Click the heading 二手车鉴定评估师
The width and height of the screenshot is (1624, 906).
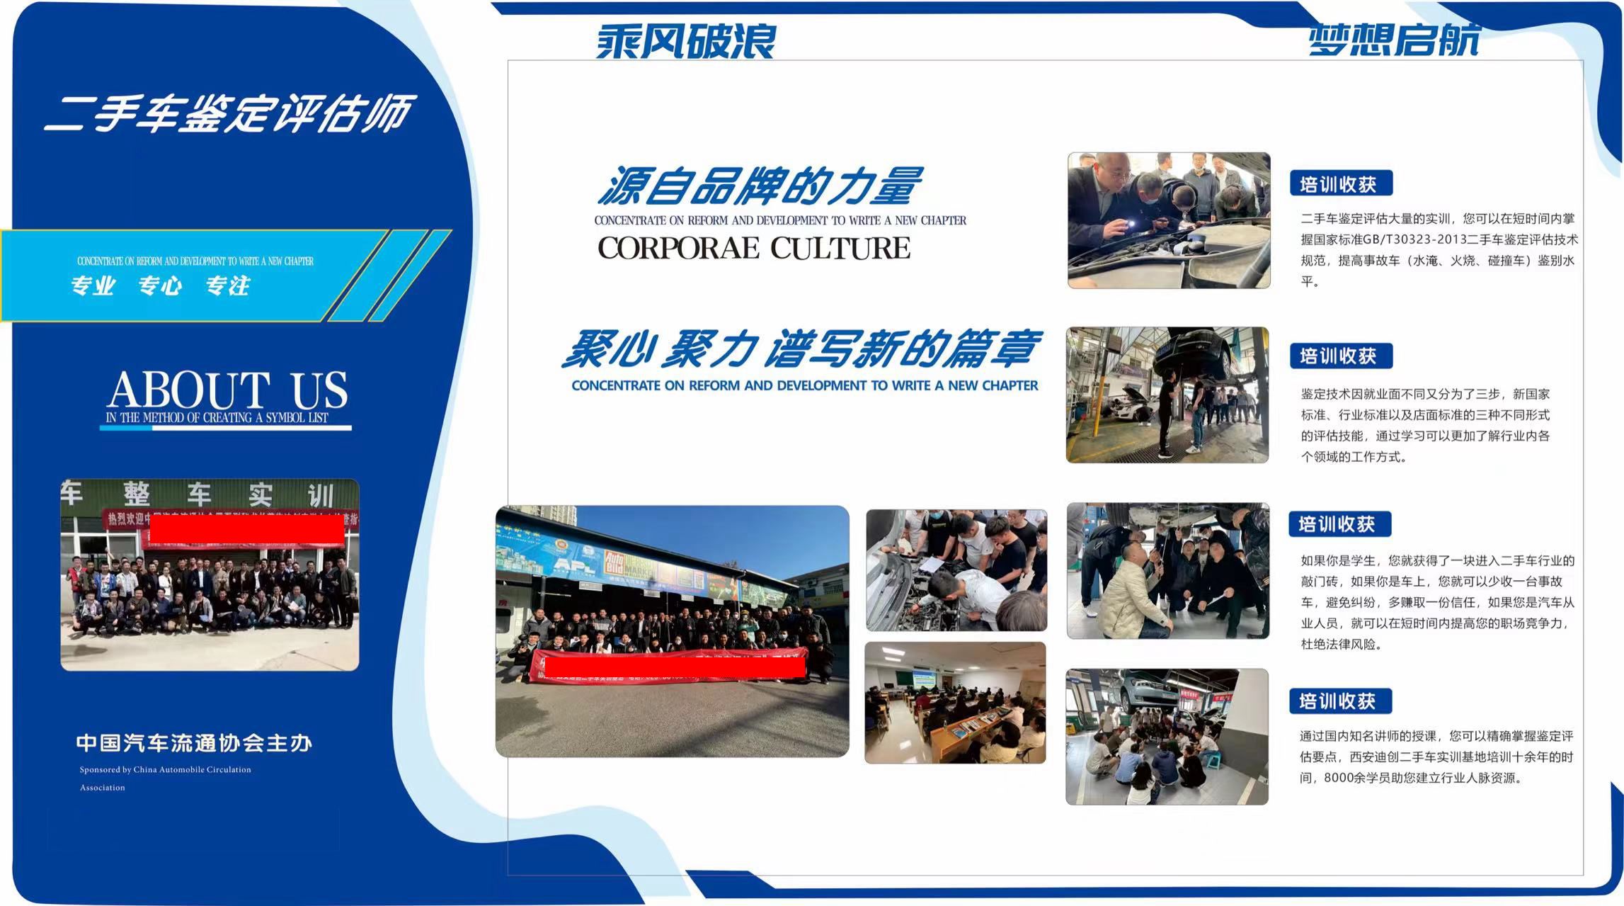pos(228,113)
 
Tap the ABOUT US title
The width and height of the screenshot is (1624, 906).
pos(227,390)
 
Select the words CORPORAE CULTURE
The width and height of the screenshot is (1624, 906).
pos(754,249)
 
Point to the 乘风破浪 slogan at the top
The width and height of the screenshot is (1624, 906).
pos(685,40)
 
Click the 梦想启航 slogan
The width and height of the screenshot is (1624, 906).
pos(1393,39)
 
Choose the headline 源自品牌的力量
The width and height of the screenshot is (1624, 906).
pos(760,186)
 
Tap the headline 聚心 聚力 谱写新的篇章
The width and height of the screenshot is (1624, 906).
pos(801,349)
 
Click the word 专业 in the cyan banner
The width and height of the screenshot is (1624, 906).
pos(93,286)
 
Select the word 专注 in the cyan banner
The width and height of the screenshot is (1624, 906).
pos(228,286)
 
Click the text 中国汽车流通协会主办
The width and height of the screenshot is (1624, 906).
pos(194,743)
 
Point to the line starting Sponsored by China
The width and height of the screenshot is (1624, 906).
pos(165,770)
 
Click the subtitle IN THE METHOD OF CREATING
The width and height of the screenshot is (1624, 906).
pos(217,418)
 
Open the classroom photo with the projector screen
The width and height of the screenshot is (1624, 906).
pos(955,703)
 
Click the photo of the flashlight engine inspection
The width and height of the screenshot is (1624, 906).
pos(1168,220)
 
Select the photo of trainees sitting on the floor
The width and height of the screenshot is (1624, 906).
pos(1167,737)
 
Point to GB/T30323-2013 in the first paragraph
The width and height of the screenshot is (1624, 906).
pos(1414,239)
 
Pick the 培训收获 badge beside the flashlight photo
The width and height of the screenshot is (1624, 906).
pos(1341,183)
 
